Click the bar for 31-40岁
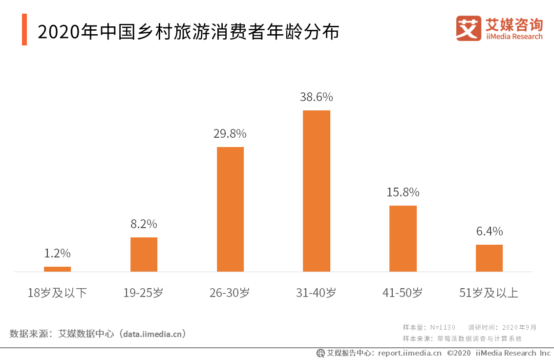pyautogui.click(x=317, y=191)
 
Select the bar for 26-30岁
pyautogui.click(x=230, y=209)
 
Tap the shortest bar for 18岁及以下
pyautogui.click(x=57, y=269)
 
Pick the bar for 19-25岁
pyautogui.click(x=144, y=254)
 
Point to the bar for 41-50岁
pyautogui.click(x=403, y=238)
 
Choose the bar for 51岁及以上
pyautogui.click(x=489, y=258)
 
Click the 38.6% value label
pyautogui.click(x=317, y=97)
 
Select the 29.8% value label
pyautogui.click(x=230, y=133)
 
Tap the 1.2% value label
pyautogui.click(x=57, y=253)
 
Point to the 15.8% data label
pyautogui.click(x=403, y=192)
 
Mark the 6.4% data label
pyautogui.click(x=489, y=231)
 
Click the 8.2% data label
pyautogui.click(x=144, y=224)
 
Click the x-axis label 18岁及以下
pyautogui.click(x=57, y=293)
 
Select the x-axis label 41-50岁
pyautogui.click(x=403, y=293)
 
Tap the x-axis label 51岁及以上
pyautogui.click(x=489, y=293)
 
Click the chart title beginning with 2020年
pyautogui.click(x=188, y=32)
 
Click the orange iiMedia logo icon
pyautogui.click(x=468, y=28)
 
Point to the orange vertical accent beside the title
pyautogui.click(x=24, y=30)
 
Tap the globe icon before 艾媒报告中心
pyautogui.click(x=320, y=353)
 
